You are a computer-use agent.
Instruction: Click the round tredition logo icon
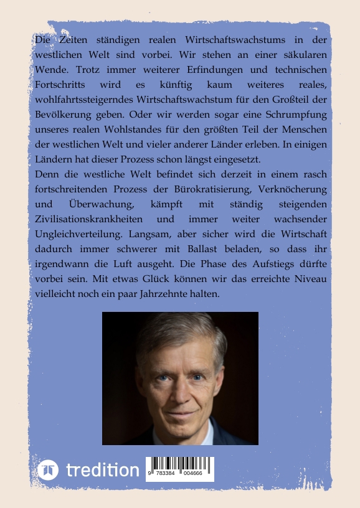tap(48, 469)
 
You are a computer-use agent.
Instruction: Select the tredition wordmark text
tap(103, 469)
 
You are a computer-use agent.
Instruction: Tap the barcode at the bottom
tap(179, 468)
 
